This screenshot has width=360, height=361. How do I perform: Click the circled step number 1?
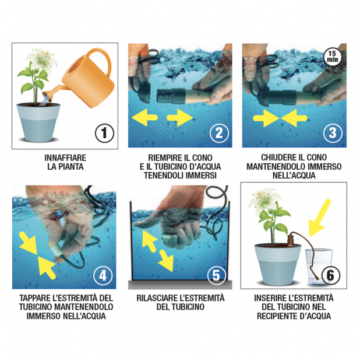pos(104,133)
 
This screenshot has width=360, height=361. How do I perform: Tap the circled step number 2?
pos(219,133)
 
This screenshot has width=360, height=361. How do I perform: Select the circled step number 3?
pos(333,133)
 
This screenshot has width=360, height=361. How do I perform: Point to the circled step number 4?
pos(103,275)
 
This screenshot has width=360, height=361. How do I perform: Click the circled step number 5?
pos(217,275)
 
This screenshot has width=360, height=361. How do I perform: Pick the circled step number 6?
pos(330,275)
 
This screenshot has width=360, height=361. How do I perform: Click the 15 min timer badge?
pos(333,57)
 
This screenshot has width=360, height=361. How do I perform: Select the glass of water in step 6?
pos(319,267)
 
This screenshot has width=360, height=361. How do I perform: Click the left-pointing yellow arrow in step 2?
pos(144,118)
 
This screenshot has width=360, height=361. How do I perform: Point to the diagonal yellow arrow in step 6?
pos(319,218)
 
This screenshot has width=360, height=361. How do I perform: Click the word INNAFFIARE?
pos(65,158)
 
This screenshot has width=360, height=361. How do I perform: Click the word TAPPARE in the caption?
pos(34,298)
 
